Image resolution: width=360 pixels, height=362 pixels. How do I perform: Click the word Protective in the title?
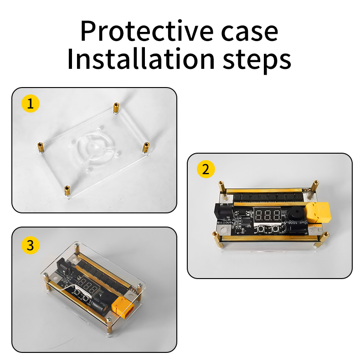point(147,31)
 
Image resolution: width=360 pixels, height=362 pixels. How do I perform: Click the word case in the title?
point(249,33)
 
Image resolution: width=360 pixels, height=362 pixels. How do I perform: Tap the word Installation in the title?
point(141,59)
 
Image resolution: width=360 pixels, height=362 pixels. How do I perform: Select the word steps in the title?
point(257,61)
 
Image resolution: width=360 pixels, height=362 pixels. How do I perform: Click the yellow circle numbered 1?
point(31,103)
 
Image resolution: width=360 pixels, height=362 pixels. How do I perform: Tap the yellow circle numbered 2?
point(206,169)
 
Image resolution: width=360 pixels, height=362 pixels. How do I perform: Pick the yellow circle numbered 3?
point(31,245)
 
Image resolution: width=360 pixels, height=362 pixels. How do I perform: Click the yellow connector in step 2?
point(318,212)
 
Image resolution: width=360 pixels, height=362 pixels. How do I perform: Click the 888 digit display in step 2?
point(267,216)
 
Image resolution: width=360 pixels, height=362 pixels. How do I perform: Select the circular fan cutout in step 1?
point(93,148)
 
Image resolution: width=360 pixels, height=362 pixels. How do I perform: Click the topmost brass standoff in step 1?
point(116,108)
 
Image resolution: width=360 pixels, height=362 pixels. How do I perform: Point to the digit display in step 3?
point(87,287)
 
